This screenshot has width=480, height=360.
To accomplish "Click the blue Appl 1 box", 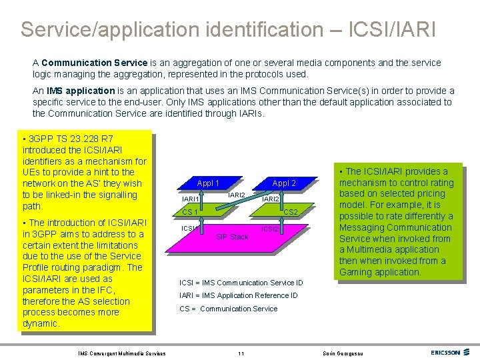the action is pos(208,183).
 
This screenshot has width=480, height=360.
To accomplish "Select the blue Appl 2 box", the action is pos(284,183).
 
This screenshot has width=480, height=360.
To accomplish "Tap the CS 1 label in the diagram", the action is pos(190,213).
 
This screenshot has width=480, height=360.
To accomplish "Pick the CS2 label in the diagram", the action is pos(290,212).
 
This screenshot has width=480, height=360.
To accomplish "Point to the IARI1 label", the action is pos(191,199).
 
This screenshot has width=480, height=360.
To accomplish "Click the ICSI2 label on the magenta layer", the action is pos(270,229).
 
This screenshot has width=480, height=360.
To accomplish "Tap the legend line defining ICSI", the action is pos(241,283).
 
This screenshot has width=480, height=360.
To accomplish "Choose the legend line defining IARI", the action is pos(239,295).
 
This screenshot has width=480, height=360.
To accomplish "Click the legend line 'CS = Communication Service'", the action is pos(229,309).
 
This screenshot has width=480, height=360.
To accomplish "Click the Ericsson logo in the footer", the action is pos(448,353).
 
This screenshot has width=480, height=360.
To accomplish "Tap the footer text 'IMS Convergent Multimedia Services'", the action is pos(122,353).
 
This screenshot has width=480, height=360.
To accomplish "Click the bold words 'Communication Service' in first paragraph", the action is pos(88,63).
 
